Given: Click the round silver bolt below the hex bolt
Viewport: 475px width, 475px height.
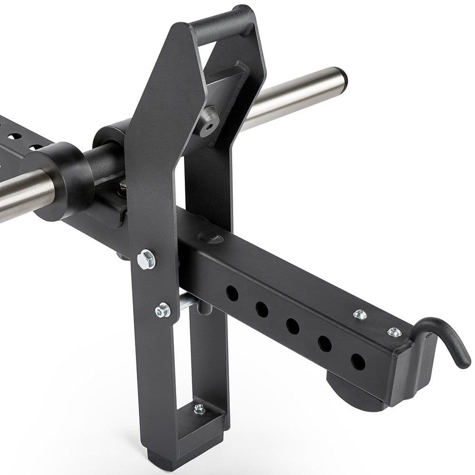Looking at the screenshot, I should point(163,311).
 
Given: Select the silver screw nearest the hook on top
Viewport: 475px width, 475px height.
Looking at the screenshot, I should point(394,332).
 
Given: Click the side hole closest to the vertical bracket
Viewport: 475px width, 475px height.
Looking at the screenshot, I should point(232,293).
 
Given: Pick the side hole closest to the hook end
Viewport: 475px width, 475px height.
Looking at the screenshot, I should point(357,361).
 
